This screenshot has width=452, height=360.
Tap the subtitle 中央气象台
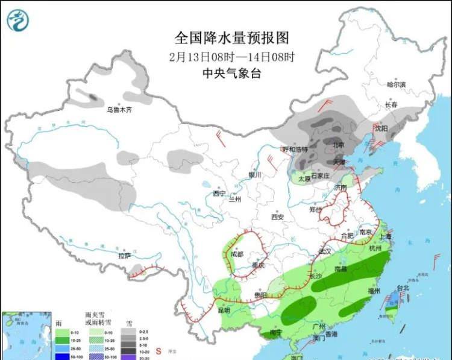point(231,74)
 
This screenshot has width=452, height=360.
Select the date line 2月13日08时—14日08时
point(231,57)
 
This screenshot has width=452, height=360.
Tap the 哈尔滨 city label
point(396,84)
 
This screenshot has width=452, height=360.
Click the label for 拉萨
point(125,256)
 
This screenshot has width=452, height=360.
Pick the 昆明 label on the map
point(223,309)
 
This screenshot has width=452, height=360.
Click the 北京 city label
point(339,145)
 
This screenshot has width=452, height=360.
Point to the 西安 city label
point(277,216)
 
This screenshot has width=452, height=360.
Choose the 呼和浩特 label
point(295,149)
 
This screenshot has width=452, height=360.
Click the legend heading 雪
point(128,324)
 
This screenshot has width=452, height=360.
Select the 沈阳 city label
point(380,128)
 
